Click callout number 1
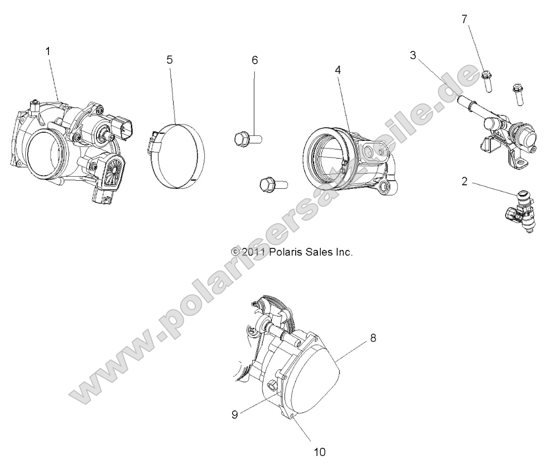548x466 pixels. click(48, 51)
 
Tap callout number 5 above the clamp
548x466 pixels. click(170, 60)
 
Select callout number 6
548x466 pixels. click(254, 60)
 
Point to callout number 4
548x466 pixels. click(338, 70)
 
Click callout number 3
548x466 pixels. click(413, 56)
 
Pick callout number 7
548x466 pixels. click(465, 20)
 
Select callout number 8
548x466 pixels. click(373, 338)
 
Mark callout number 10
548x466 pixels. click(320, 451)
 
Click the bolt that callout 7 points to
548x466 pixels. click(487, 80)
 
